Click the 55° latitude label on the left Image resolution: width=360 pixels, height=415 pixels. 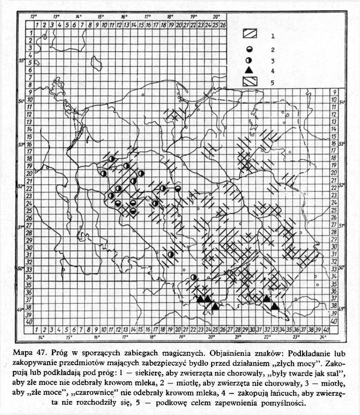[x=22, y=61]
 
